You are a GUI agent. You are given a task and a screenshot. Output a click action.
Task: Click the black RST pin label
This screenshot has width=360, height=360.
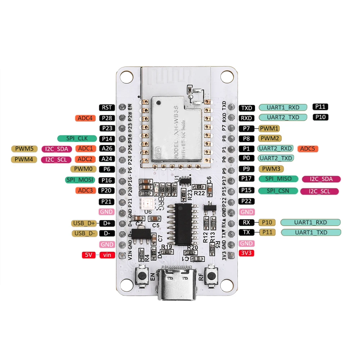point(107,108)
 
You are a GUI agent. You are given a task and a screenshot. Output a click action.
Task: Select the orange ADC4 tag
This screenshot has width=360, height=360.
point(85,118)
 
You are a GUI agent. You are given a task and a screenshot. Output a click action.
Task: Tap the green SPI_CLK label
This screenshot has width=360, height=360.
point(77,138)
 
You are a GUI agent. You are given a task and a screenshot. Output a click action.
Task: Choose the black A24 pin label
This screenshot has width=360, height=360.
point(107,159)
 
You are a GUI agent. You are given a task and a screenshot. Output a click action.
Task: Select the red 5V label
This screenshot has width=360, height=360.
point(89,255)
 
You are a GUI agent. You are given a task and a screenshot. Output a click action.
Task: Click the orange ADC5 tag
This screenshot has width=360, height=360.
point(308,148)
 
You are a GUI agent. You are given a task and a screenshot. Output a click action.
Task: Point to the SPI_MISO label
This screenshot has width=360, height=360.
point(278,179)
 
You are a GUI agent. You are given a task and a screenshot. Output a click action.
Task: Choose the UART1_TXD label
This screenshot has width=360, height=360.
point(311,233)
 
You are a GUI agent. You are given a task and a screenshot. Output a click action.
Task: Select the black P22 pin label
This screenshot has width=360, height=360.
point(247,201)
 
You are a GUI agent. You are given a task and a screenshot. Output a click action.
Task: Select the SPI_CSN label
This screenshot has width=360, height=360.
point(278,191)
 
